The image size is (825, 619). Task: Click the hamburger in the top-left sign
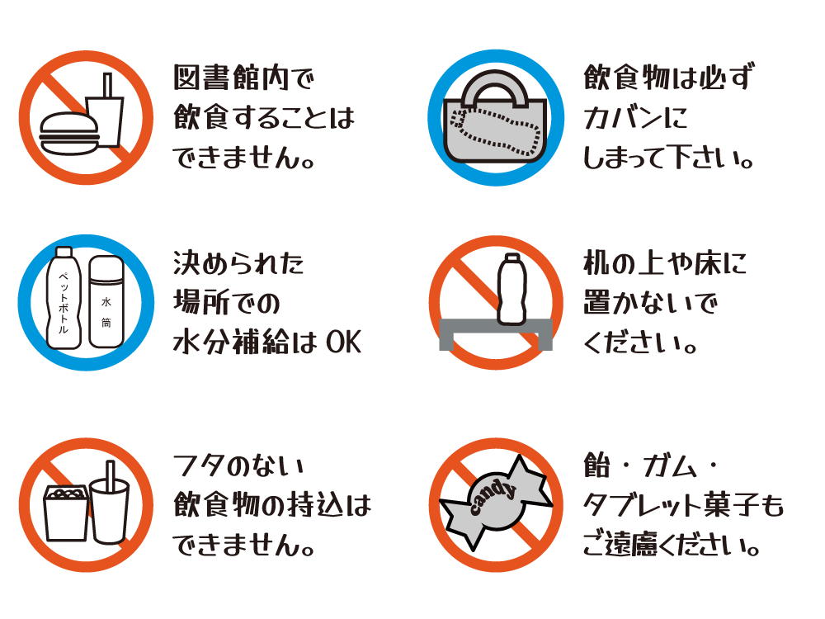[x=69, y=134]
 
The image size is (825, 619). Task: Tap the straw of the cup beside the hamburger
[x=107, y=85]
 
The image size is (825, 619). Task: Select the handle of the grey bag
[x=497, y=88]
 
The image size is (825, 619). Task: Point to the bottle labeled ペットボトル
[x=64, y=298]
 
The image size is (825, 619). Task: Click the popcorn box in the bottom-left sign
[x=66, y=513]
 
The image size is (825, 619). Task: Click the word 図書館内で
[x=243, y=78]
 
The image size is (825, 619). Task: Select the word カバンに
[x=635, y=117]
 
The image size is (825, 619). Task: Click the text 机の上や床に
[x=664, y=263]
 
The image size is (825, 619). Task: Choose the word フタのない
[x=238, y=465]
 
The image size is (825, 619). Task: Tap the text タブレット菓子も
[x=683, y=505]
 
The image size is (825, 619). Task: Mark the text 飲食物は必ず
[x=669, y=78]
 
